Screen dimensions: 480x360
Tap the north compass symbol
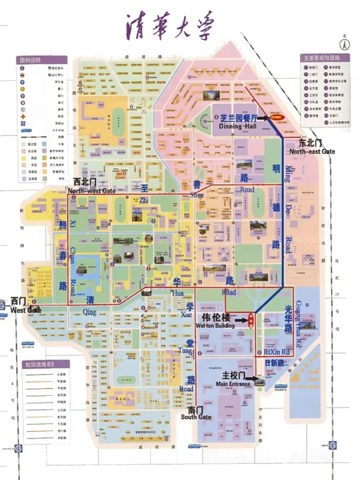[344, 44]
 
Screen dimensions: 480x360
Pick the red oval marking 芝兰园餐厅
[276, 117]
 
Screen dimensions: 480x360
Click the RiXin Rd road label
[276, 352]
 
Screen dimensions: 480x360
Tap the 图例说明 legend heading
[30, 60]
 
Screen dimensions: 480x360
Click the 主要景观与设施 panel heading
[321, 58]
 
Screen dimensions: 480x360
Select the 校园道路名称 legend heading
[40, 364]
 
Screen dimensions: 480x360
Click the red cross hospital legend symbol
[23, 117]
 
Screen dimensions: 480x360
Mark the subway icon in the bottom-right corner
[332, 445]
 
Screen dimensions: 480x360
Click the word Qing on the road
[89, 312]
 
